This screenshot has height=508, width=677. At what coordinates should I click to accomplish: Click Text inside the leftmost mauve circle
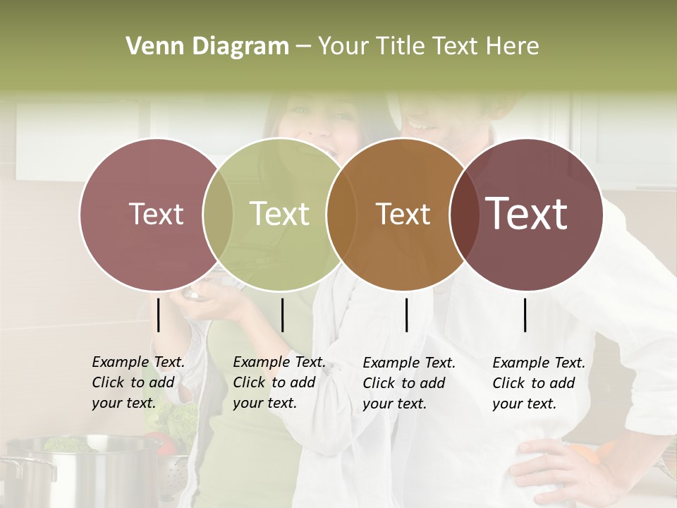click(x=156, y=214)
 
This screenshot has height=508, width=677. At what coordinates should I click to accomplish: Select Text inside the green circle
click(x=279, y=214)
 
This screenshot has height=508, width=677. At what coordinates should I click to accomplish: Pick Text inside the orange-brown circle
click(x=403, y=214)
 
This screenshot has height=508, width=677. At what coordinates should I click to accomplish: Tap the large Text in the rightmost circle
click(x=526, y=214)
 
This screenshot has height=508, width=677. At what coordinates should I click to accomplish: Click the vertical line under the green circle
click(x=282, y=315)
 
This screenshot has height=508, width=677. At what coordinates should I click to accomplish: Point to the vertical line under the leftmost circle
click(x=158, y=315)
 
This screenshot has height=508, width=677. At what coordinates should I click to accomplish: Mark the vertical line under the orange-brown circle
click(x=406, y=315)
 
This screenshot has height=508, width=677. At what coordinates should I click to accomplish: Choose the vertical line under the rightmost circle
click(x=525, y=315)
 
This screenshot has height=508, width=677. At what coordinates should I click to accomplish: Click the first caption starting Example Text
click(x=138, y=382)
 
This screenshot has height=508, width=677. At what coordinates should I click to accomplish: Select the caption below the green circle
click(x=279, y=382)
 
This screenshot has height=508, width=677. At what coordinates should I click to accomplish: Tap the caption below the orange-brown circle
click(x=409, y=383)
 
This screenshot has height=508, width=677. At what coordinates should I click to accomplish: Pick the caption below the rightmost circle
click(x=539, y=383)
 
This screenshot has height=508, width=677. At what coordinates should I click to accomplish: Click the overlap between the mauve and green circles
click(x=218, y=214)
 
